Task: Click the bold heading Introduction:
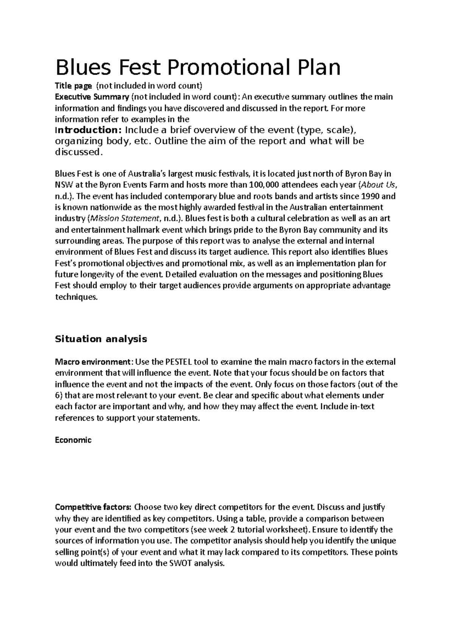tap(87, 130)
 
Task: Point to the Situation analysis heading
tap(101, 339)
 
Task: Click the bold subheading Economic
tap(73, 440)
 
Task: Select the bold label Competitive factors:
tap(93, 507)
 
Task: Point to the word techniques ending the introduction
tap(76, 297)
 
